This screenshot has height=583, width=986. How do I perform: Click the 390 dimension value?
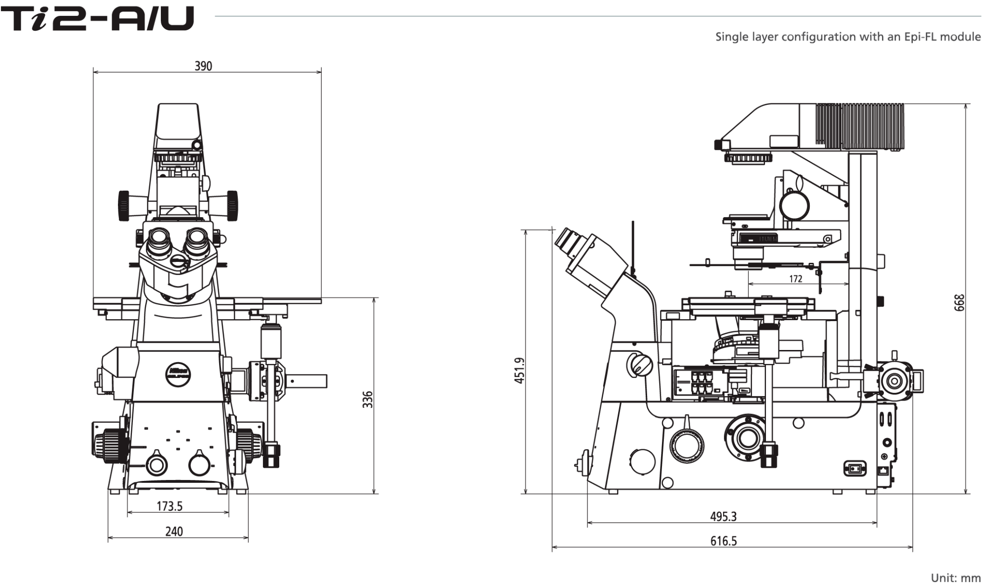pos(203,66)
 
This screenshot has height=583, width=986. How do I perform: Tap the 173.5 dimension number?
pos(169,506)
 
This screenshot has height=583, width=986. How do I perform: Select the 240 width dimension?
pos(174,531)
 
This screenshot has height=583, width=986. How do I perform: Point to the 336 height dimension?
pos(367,400)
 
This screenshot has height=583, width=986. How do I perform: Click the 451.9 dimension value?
pos(519,370)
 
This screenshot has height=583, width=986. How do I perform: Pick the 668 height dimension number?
pos(960,303)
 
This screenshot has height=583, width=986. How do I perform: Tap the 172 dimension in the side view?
pos(796,279)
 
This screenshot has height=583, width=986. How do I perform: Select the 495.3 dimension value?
pos(723,517)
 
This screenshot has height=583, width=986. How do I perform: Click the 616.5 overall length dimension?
pos(724,541)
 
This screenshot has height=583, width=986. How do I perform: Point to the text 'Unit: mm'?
pos(956,577)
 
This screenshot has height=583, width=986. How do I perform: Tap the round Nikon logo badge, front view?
pos(179,373)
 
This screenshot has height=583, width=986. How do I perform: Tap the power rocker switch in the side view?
pos(855,468)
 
